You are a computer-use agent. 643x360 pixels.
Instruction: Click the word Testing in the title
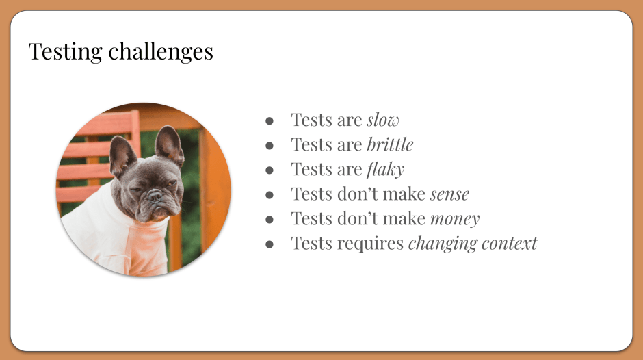coord(65,52)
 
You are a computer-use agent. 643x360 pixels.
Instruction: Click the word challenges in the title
coord(161,52)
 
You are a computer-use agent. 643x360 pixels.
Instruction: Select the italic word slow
coord(382,120)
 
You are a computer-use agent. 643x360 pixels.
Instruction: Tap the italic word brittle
coord(390,144)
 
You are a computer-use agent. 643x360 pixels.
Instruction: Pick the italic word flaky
coord(386,170)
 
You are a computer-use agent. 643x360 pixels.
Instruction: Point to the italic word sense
coord(449,194)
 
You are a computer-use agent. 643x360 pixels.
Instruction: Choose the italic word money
coord(455,219)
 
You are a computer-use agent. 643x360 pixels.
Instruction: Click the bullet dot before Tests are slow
coord(270,120)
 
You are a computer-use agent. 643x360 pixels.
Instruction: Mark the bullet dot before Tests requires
coord(270,244)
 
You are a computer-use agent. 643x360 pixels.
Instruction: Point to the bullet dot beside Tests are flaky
coord(270,170)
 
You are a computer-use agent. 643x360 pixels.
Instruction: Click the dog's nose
coord(155,196)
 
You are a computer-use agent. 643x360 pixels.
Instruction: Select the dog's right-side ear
coord(170,145)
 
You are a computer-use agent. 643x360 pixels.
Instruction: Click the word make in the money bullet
coord(407,219)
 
